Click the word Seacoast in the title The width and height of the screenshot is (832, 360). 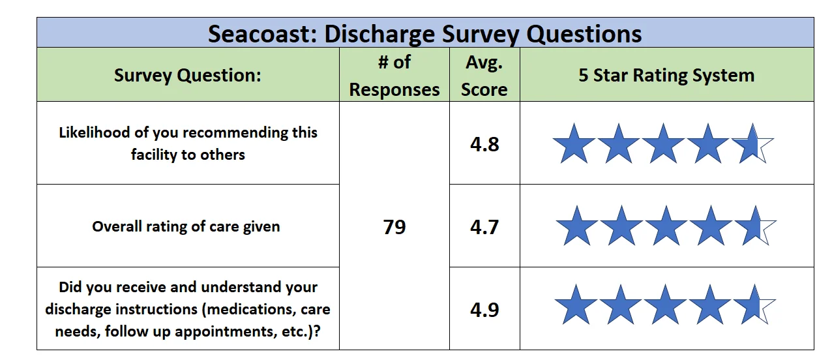(263, 34)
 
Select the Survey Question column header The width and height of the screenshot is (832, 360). (188, 76)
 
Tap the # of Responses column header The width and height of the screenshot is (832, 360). (394, 76)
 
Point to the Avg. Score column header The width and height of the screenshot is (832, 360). (484, 76)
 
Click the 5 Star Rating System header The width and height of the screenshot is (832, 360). (666, 76)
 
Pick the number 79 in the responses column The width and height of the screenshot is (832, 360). (394, 227)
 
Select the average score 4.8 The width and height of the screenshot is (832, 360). (484, 144)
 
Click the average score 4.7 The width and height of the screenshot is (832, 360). (484, 227)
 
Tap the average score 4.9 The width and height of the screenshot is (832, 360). (484, 310)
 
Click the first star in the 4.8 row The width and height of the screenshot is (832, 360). (574, 145)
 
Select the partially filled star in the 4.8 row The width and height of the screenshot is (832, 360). (752, 145)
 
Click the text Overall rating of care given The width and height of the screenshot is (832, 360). (186, 226)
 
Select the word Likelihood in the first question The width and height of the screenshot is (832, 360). (95, 132)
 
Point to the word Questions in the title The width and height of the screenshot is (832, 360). (584, 34)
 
